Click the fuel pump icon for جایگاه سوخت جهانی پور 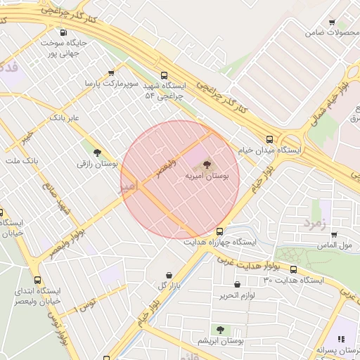[64, 32]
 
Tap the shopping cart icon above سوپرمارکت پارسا [111, 72]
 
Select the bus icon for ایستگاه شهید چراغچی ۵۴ [165, 75]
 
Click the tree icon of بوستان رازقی [97, 152]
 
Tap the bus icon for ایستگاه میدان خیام [270, 139]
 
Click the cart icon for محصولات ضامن [332, 22]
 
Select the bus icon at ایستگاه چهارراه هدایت [220, 231]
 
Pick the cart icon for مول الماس [334, 234]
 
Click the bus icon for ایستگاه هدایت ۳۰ [293, 269]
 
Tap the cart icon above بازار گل [169, 275]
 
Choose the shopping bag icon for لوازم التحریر [236, 285]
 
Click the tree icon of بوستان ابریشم [220, 329]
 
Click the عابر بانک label [65, 117]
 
